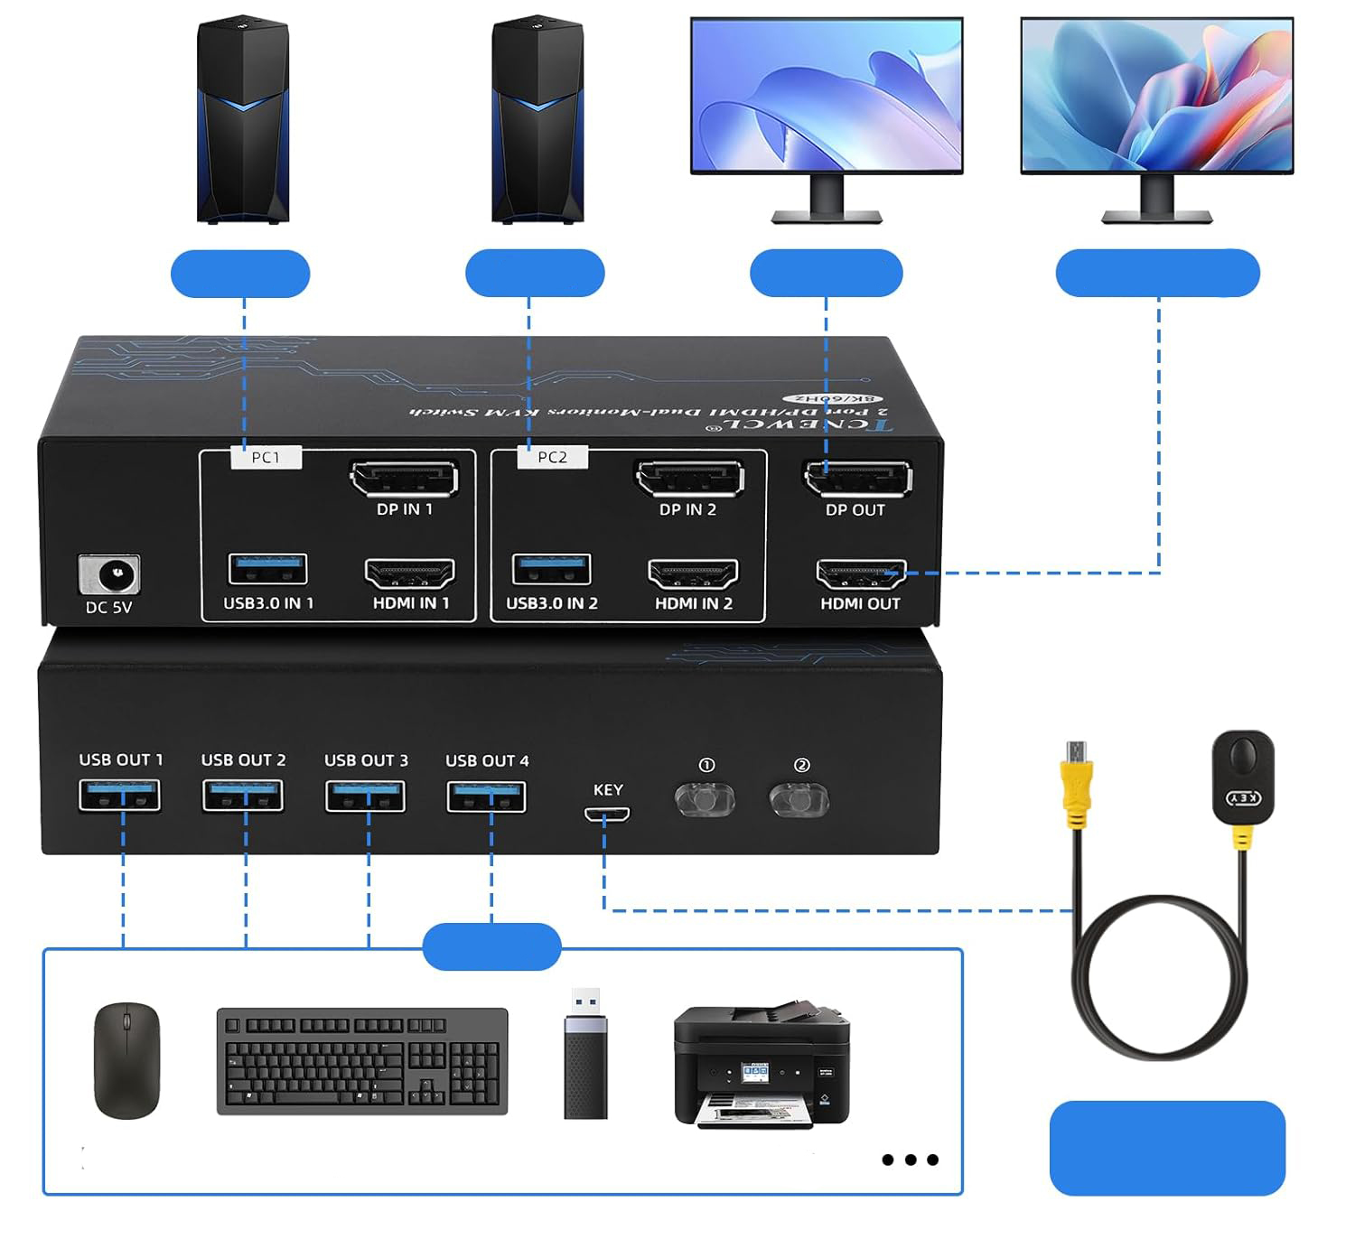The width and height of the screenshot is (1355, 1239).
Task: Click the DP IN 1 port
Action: click(x=404, y=479)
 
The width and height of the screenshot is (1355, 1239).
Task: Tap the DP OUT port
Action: click(x=857, y=479)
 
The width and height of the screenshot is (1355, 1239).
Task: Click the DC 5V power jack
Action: click(x=109, y=574)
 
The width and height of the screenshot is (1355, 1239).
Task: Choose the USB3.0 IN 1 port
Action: click(x=268, y=570)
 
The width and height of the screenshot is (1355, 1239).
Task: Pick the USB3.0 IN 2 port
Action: click(x=551, y=570)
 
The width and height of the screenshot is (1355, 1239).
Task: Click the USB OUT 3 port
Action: click(x=365, y=796)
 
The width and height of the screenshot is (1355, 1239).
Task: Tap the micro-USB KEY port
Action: click(x=606, y=814)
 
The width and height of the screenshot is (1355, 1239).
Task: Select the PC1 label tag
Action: click(x=266, y=458)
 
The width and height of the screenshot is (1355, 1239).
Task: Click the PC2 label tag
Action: click(x=552, y=458)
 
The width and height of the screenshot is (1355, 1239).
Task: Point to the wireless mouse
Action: click(x=126, y=1060)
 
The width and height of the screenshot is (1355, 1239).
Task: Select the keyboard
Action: click(x=362, y=1061)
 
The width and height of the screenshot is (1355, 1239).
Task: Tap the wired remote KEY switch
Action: click(x=1242, y=776)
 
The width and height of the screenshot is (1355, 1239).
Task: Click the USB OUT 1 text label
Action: click(x=121, y=760)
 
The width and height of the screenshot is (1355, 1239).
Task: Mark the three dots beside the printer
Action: click(x=910, y=1160)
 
